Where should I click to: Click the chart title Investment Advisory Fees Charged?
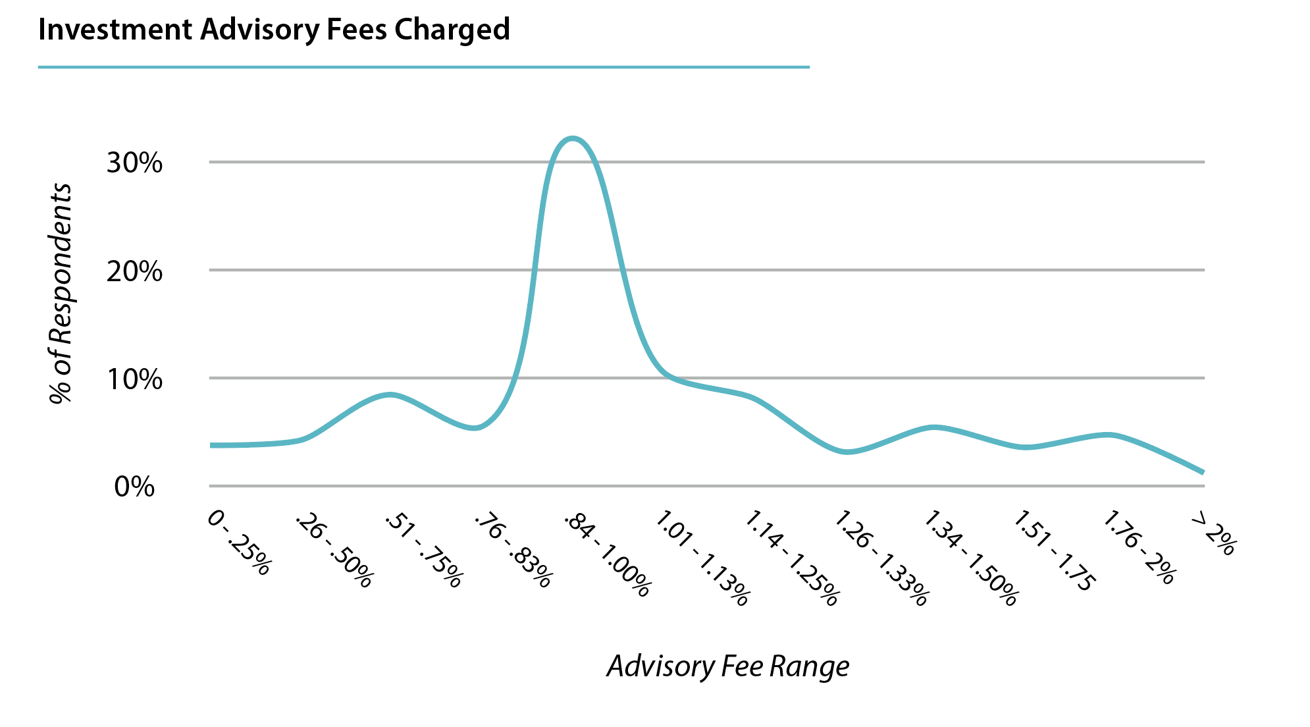tap(274, 30)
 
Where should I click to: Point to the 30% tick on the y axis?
tap(134, 163)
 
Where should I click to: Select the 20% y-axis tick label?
tap(134, 271)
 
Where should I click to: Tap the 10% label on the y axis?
tap(134, 379)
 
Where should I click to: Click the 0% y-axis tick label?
tap(134, 487)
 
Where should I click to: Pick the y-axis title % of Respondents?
tap(61, 293)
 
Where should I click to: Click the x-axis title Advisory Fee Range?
tap(727, 666)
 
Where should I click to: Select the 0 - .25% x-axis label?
tap(238, 544)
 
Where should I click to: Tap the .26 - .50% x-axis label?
tap(334, 551)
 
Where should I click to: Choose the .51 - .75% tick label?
tap(423, 551)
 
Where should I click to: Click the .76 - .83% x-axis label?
tap(512, 551)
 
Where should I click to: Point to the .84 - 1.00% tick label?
tap(607, 556)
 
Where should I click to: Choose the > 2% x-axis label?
tap(1213, 535)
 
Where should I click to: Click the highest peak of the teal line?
tap(573, 138)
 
